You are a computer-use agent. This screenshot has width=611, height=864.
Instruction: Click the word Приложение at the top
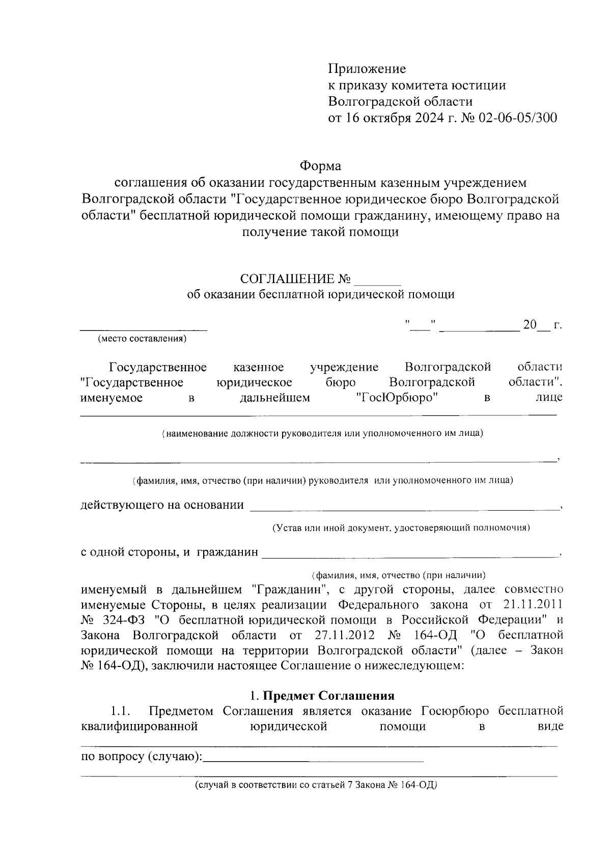[x=367, y=69]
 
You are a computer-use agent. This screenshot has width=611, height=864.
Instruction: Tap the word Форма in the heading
[x=320, y=166]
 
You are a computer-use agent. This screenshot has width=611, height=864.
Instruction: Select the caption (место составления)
[x=142, y=339]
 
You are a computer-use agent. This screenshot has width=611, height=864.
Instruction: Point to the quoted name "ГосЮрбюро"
[x=397, y=397]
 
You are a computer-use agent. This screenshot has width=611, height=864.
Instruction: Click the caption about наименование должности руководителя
[x=322, y=434]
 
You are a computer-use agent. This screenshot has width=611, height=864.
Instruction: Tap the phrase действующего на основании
[x=162, y=505]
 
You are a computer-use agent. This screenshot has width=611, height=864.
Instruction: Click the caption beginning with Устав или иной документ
[x=401, y=528]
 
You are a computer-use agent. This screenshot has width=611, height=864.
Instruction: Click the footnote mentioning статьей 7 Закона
[x=316, y=785]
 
